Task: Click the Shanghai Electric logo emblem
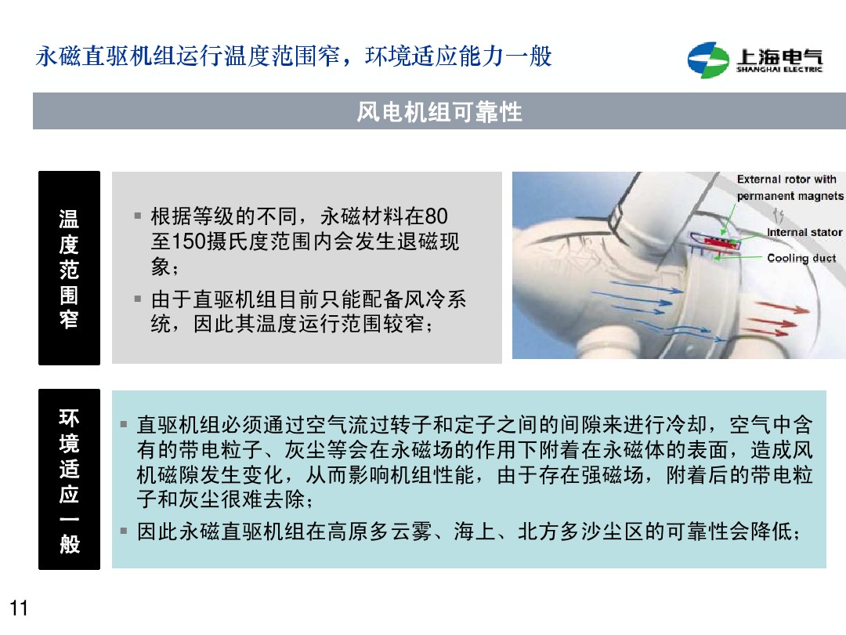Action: [x=708, y=60]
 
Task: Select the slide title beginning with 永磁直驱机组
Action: [x=294, y=56]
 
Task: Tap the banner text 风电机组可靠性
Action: [x=439, y=112]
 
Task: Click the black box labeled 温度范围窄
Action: [x=69, y=268]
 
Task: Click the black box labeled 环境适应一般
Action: [x=69, y=479]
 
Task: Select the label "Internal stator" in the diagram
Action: [x=804, y=232]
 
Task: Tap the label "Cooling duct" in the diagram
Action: [x=801, y=258]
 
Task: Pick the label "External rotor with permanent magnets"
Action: [x=790, y=187]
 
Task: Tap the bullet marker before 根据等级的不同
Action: [x=137, y=215]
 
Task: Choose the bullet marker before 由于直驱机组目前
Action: [x=137, y=299]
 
